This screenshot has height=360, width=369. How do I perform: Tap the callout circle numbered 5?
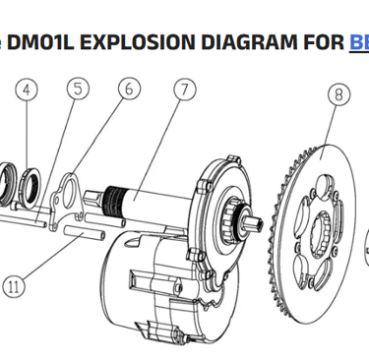pos(78,89)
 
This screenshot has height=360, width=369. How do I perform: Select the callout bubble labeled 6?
pos(127,88)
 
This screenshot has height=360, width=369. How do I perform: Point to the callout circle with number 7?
pos(183,90)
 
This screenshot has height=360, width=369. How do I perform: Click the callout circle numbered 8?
pos(339,96)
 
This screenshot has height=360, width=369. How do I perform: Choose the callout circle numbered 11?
pos(13,287)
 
